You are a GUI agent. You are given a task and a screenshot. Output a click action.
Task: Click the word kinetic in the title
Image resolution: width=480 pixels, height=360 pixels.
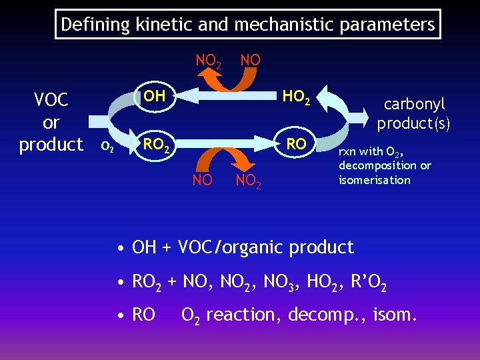pyautogui.click(x=160, y=25)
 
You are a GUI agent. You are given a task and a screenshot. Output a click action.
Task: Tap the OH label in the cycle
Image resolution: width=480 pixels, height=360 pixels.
pyautogui.click(x=155, y=95)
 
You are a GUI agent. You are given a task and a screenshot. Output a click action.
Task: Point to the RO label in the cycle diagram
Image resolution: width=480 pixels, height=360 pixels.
pyautogui.click(x=296, y=144)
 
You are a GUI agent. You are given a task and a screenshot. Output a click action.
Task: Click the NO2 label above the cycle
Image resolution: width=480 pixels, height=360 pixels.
pyautogui.click(x=209, y=61)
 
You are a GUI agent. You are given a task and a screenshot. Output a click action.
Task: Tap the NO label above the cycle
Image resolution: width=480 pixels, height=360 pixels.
pyautogui.click(x=250, y=60)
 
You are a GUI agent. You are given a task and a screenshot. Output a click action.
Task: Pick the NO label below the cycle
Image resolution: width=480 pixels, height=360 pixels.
pyautogui.click(x=202, y=180)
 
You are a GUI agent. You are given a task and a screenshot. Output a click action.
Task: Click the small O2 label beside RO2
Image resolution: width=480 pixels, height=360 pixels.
pyautogui.click(x=107, y=147)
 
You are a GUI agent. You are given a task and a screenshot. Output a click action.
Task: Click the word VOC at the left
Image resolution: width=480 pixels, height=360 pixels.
pyautogui.click(x=51, y=100)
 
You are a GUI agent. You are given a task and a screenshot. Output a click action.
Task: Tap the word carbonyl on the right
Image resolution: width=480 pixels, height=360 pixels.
pyautogui.click(x=414, y=105)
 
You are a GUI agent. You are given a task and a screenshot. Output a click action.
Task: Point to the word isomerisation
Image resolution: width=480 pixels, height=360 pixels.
pyautogui.click(x=374, y=180)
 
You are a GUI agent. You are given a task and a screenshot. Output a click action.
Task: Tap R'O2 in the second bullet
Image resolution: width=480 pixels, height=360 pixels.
pyautogui.click(x=367, y=283)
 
